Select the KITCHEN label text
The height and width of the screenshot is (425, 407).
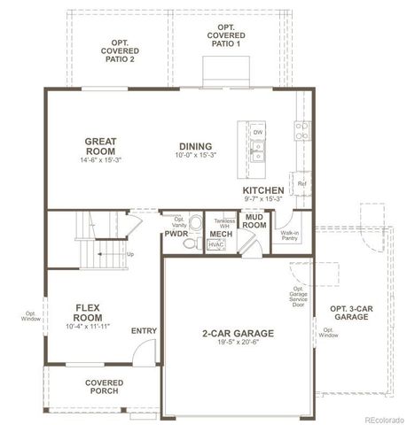pos(262,190)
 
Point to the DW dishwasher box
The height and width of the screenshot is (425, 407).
pos(257,132)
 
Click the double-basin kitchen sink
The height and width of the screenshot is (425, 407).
pos(257,156)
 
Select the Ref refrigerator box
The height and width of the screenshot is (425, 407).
pos(301,183)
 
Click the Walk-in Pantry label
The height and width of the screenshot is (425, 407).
pos(291,235)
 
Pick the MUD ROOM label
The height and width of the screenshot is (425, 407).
pos(256,220)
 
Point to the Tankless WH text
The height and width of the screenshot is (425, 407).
pos(223,222)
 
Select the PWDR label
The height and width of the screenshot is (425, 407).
pos(174,234)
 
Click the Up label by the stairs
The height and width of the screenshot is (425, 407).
pos(131,254)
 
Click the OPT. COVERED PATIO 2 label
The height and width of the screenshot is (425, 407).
pos(119,51)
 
